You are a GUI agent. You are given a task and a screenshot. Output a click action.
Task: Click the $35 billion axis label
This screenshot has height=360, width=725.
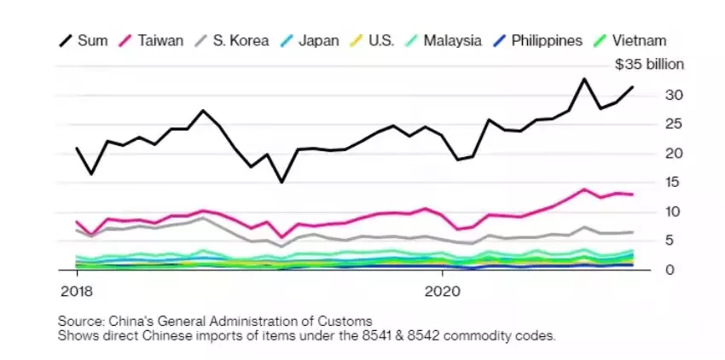(x=637, y=64)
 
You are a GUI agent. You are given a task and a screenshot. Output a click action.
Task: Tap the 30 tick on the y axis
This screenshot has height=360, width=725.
(x=650, y=95)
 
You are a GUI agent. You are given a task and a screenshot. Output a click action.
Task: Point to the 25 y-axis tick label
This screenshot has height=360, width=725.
(x=650, y=124)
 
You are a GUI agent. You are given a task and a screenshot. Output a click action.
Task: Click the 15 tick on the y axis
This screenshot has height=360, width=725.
(x=650, y=183)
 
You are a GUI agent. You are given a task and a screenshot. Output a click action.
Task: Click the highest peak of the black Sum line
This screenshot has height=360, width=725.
(x=584, y=79)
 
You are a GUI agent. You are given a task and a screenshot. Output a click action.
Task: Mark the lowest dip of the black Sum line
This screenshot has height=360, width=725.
(x=281, y=182)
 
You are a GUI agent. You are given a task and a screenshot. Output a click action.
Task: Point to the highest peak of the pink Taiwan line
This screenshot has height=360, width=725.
(x=584, y=189)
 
